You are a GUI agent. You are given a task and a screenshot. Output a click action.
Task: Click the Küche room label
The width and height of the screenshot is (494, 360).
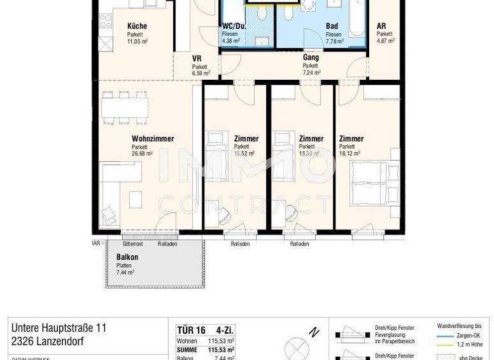point(136,26)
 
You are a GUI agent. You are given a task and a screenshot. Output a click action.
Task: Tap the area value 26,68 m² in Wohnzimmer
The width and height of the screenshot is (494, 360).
point(142,154)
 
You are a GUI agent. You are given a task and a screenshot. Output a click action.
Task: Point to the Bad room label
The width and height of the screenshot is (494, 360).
point(332,26)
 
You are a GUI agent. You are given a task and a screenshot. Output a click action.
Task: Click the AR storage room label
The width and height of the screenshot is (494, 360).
point(381,26)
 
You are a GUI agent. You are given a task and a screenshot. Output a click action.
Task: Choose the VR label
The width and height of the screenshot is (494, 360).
point(197,59)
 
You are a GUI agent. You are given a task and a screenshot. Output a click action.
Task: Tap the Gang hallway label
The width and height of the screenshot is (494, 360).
point(311,57)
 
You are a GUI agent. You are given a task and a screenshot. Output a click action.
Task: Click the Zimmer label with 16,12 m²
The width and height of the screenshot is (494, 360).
point(351,139)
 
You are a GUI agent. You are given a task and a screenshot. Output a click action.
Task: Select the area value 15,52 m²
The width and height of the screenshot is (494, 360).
point(244,154)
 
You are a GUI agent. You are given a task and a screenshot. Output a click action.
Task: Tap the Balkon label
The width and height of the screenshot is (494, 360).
point(127,257)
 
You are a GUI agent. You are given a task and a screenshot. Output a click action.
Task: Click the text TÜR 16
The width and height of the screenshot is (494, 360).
point(190,330)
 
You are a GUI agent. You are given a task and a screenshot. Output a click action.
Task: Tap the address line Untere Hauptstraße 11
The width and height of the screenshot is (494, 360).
point(57,328)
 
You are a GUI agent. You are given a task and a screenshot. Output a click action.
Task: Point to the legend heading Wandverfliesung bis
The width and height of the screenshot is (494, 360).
point(459,327)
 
